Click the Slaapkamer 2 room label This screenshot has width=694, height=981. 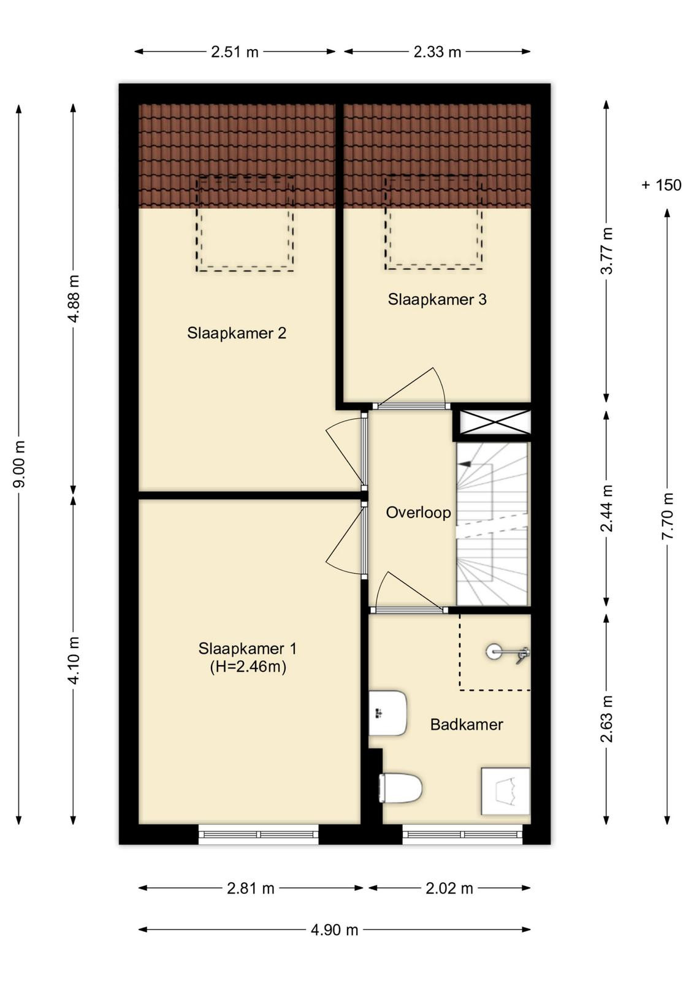click(237, 334)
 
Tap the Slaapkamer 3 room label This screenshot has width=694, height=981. click(437, 300)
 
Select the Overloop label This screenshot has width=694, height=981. click(418, 513)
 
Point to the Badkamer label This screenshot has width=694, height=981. click(467, 724)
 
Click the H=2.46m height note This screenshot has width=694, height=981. click(248, 667)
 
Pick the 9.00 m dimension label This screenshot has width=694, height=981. click(19, 464)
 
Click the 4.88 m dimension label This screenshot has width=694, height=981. click(74, 299)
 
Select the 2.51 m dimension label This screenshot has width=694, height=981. click(235, 52)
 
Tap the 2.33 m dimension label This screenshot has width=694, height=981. click(437, 52)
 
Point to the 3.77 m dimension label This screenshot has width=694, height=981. click(606, 251)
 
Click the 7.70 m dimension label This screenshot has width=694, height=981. click(668, 516)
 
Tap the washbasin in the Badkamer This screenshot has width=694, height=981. click(388, 713)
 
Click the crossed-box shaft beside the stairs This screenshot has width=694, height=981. click(495, 422)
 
